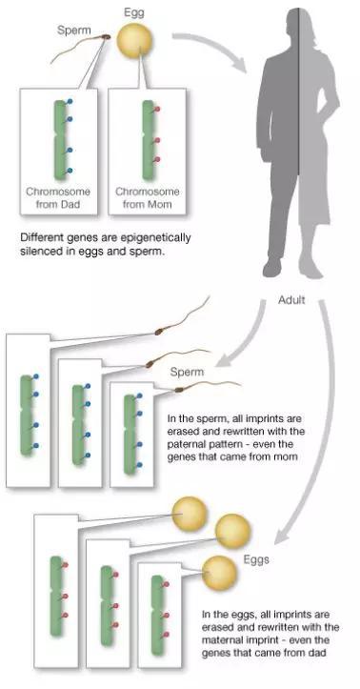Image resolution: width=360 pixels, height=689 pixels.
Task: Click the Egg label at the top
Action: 136,11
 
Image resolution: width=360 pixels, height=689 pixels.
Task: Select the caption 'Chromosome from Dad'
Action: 59,197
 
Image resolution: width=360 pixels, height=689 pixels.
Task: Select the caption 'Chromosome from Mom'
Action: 148,197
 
